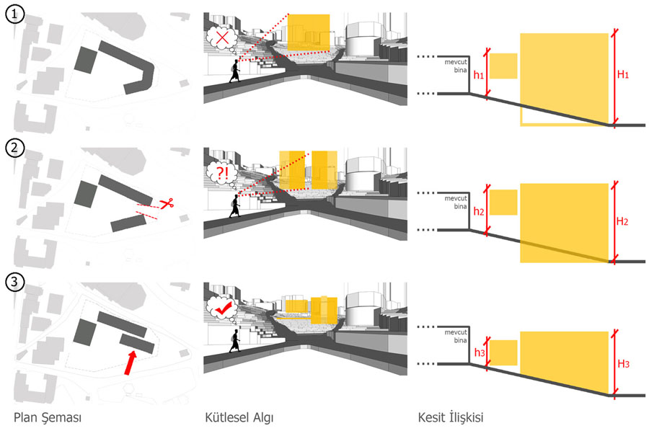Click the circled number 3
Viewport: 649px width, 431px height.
click(x=14, y=283)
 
